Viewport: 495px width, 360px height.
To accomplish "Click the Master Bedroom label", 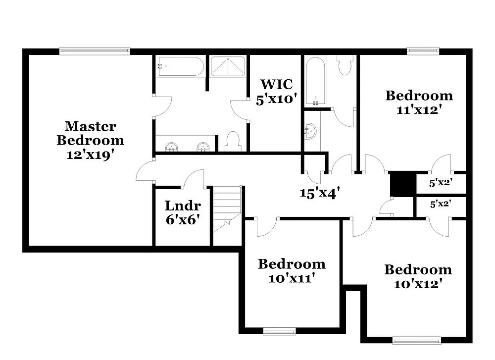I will click(90, 133).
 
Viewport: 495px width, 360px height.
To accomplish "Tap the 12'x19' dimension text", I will click(90, 154).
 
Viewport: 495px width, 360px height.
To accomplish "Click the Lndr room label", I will click(183, 206).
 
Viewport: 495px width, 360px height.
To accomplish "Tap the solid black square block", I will click(401, 184).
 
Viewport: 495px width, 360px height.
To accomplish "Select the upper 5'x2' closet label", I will click(441, 183).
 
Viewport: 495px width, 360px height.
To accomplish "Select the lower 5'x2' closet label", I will click(441, 203).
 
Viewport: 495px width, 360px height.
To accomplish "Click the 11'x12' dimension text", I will click(419, 109).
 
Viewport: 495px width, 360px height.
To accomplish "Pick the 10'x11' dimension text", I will click(292, 278).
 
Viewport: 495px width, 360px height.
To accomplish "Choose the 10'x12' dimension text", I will click(418, 284).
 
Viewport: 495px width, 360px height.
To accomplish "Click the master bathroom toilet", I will click(232, 141).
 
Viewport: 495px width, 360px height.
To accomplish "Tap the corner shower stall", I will click(229, 66).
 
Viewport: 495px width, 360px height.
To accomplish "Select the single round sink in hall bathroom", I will click(310, 131).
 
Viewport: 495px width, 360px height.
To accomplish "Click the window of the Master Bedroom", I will click(95, 51).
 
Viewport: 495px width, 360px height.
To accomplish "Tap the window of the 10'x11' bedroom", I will click(279, 331).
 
